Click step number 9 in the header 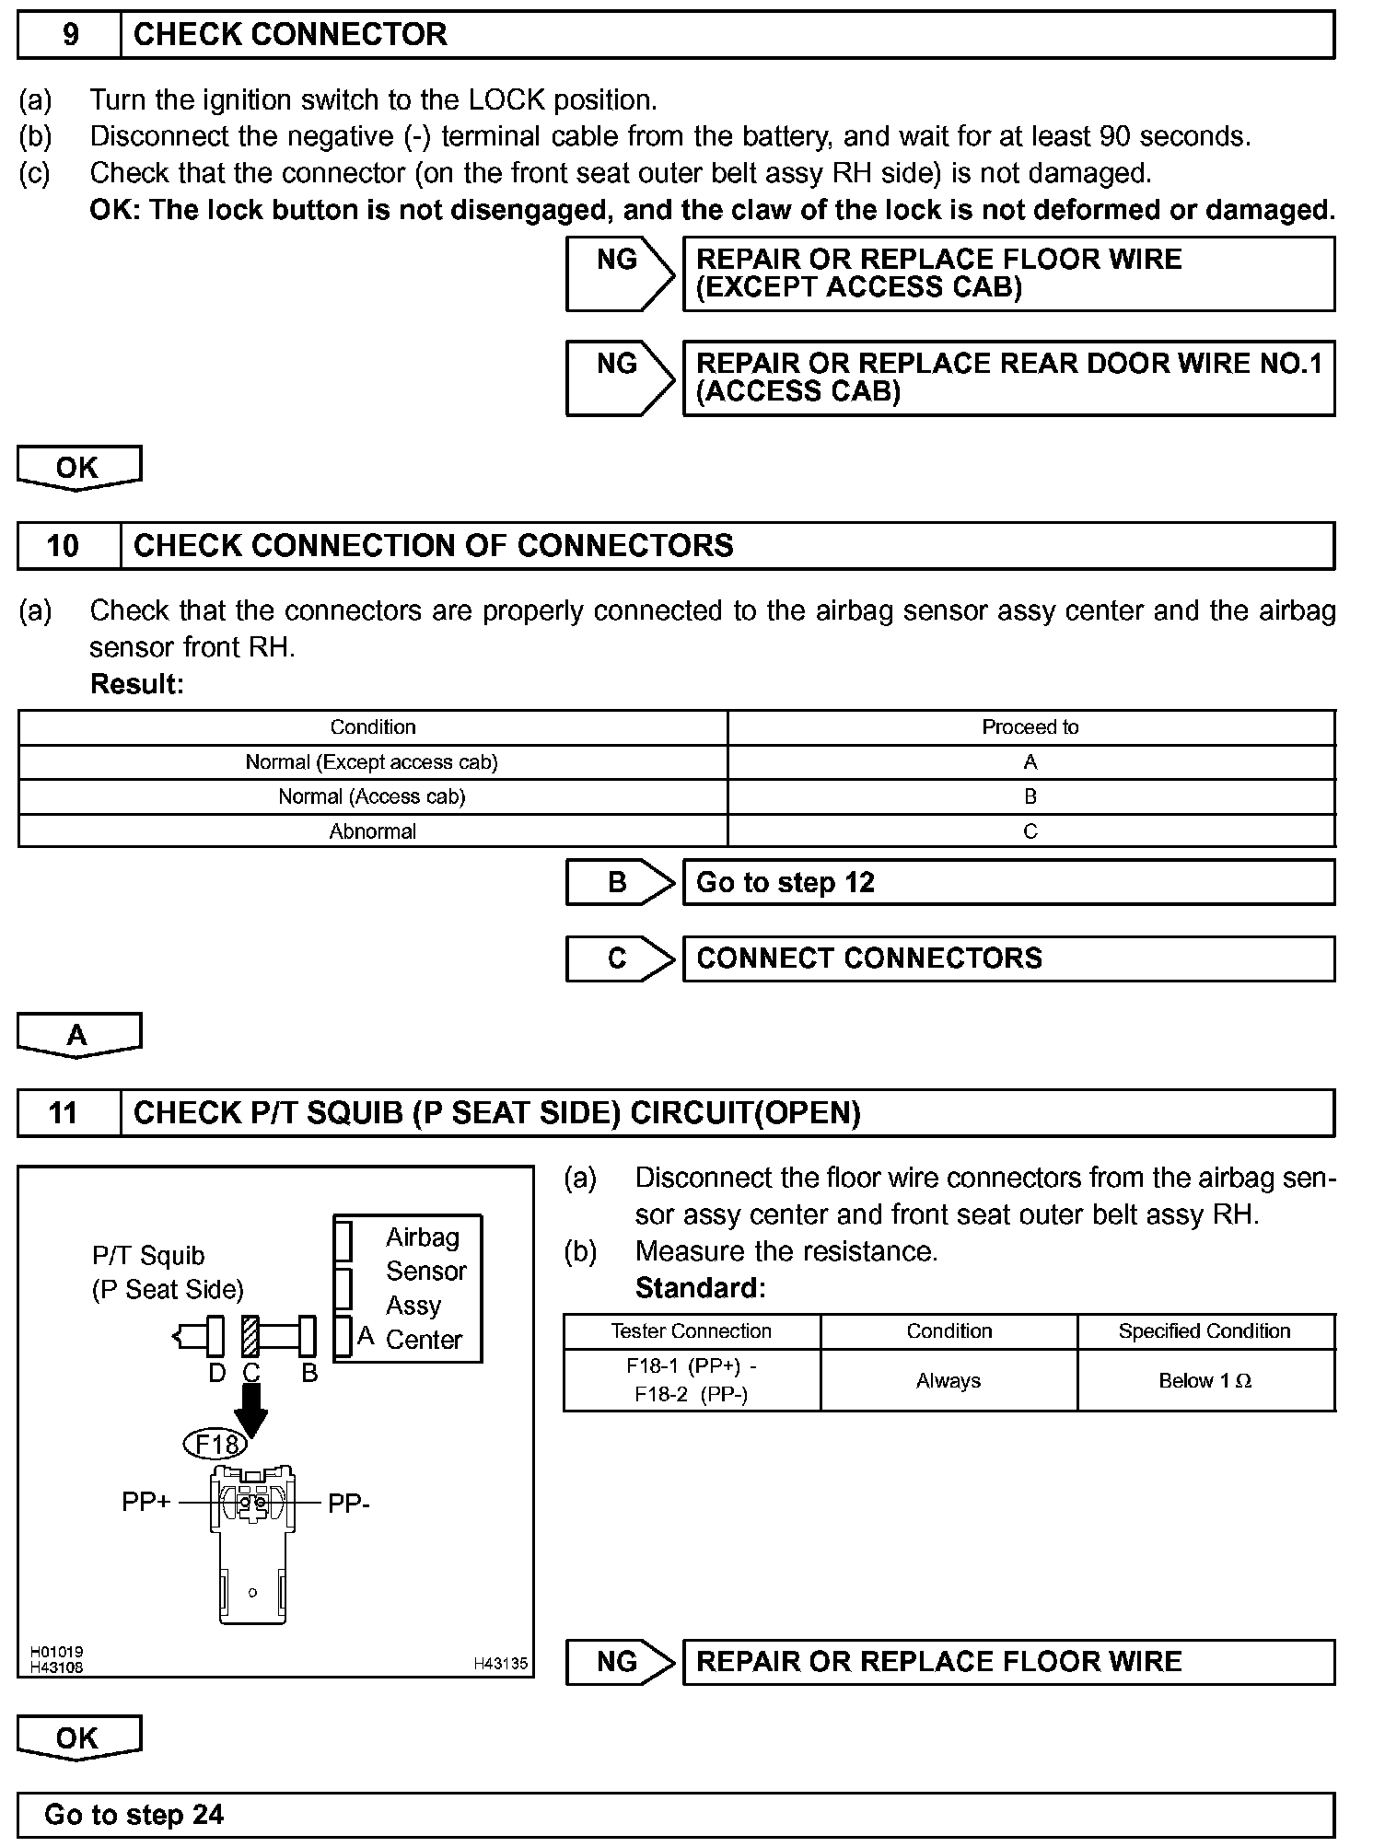pyautogui.click(x=70, y=35)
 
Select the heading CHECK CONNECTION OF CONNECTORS pyautogui.click(x=433, y=546)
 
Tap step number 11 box pyautogui.click(x=64, y=1113)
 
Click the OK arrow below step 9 pyautogui.click(x=78, y=467)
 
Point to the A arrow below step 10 pyautogui.click(x=78, y=1035)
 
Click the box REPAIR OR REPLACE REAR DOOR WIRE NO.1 pyautogui.click(x=1008, y=378)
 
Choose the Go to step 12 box pyautogui.click(x=1008, y=883)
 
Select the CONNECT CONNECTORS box pyautogui.click(x=1008, y=958)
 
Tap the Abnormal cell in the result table pyautogui.click(x=373, y=831)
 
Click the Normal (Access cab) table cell pyautogui.click(x=372, y=796)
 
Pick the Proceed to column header pyautogui.click(x=1030, y=727)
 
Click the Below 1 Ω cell pyautogui.click(x=1205, y=1381)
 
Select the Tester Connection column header pyautogui.click(x=691, y=1331)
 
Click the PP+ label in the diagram pyautogui.click(x=145, y=1503)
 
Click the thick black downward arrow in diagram pyautogui.click(x=250, y=1407)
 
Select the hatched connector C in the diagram pyautogui.click(x=250, y=1336)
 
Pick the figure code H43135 pyautogui.click(x=501, y=1664)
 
